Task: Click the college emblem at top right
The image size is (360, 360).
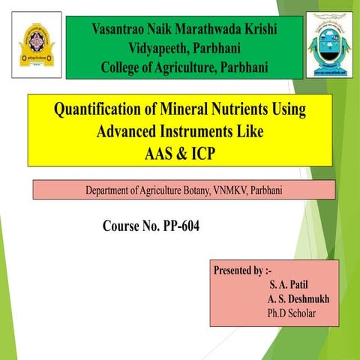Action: point(328,45)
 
